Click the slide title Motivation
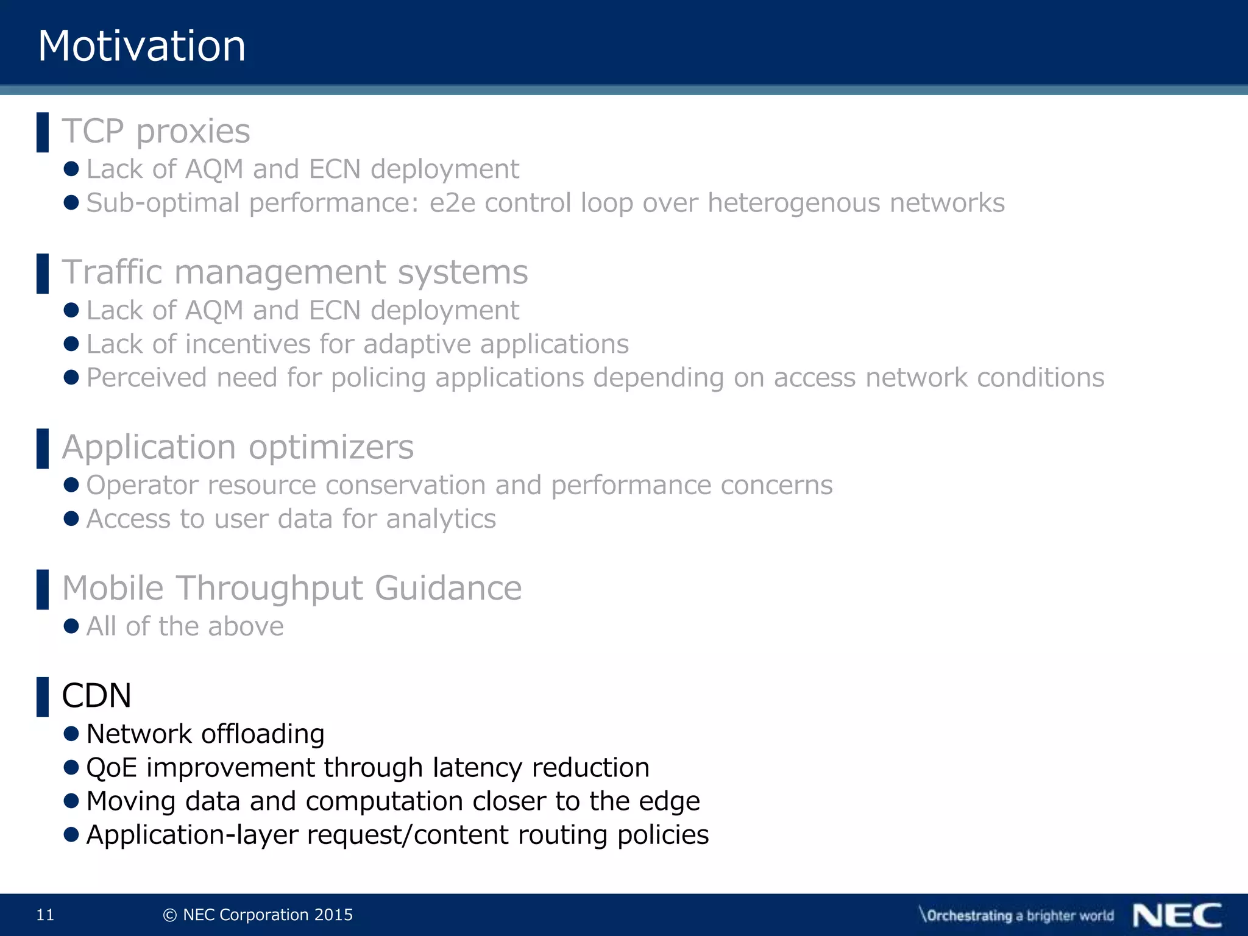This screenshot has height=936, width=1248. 141,46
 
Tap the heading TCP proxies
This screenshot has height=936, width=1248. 156,131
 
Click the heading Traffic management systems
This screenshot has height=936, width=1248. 295,272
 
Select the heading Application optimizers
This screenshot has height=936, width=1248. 238,447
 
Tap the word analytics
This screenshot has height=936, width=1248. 441,519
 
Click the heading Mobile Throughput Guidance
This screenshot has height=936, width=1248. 292,589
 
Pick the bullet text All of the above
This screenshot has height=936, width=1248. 185,626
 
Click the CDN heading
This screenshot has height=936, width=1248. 97,696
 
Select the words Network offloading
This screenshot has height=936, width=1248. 205,734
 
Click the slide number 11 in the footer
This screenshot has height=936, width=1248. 45,915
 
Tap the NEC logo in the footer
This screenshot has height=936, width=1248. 1177,915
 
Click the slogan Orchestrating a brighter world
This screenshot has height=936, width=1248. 1017,915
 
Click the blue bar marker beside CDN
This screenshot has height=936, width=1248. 43,697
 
